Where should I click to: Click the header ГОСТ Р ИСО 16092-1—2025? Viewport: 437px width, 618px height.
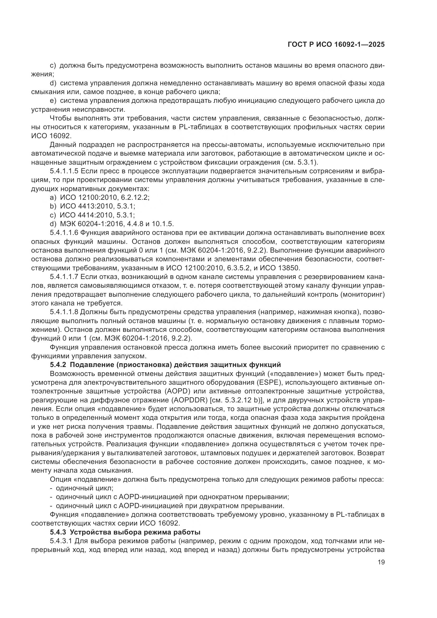[336, 45]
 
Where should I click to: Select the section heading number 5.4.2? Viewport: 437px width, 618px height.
[58, 365]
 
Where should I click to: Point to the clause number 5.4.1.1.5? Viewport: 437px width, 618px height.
[64, 171]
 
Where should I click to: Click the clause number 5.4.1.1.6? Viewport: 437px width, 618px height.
[64, 233]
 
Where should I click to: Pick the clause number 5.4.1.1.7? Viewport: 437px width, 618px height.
[64, 277]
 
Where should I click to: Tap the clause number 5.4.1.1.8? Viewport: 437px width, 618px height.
[64, 312]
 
